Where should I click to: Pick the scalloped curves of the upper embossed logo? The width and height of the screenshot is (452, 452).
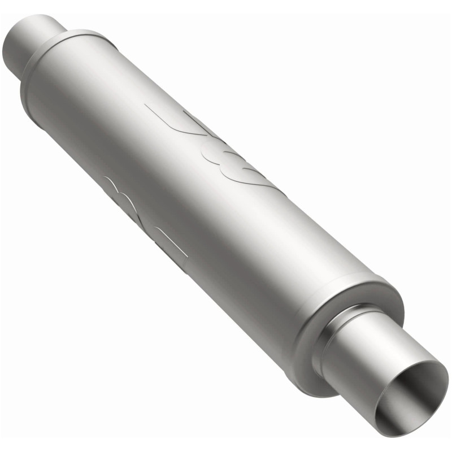click(237, 164)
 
